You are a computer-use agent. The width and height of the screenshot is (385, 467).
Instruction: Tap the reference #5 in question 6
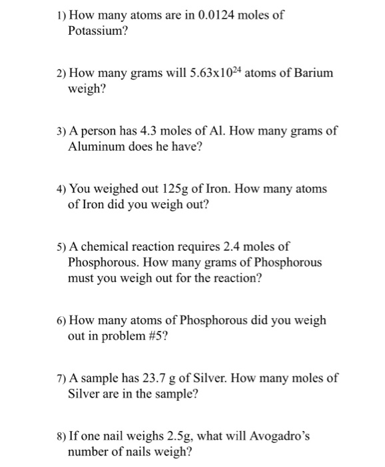point(151,336)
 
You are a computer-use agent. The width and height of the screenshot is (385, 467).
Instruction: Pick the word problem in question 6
point(113,336)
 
